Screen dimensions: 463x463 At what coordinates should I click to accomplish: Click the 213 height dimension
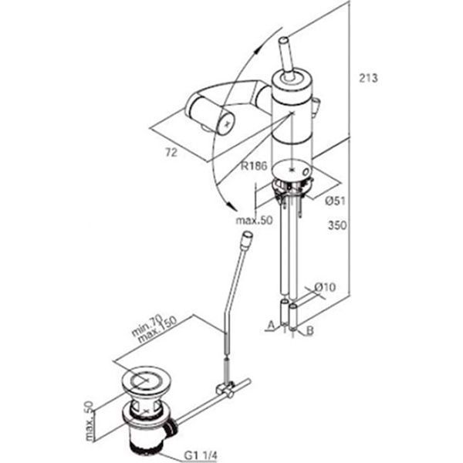[368, 78]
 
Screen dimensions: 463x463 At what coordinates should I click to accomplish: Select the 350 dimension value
[337, 225]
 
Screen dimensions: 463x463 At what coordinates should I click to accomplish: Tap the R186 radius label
[254, 166]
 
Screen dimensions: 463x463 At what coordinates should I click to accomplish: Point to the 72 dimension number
[171, 153]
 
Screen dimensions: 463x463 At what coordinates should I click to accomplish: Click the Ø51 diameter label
[335, 201]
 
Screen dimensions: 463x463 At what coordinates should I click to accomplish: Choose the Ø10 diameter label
[325, 287]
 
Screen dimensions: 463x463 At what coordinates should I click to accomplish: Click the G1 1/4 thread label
[200, 455]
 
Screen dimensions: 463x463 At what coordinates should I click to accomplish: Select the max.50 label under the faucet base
[254, 220]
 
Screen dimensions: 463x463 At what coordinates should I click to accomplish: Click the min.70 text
[147, 326]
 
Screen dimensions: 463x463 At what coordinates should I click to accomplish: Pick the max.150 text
[157, 330]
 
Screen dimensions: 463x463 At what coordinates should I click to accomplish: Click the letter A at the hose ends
[271, 325]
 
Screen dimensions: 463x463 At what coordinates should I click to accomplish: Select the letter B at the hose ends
[309, 331]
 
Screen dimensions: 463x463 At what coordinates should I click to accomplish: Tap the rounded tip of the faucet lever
[284, 40]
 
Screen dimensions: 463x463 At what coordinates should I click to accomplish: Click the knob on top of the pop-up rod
[247, 237]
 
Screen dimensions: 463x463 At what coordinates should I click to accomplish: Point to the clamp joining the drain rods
[225, 390]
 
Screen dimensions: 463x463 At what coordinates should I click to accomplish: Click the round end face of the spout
[226, 123]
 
